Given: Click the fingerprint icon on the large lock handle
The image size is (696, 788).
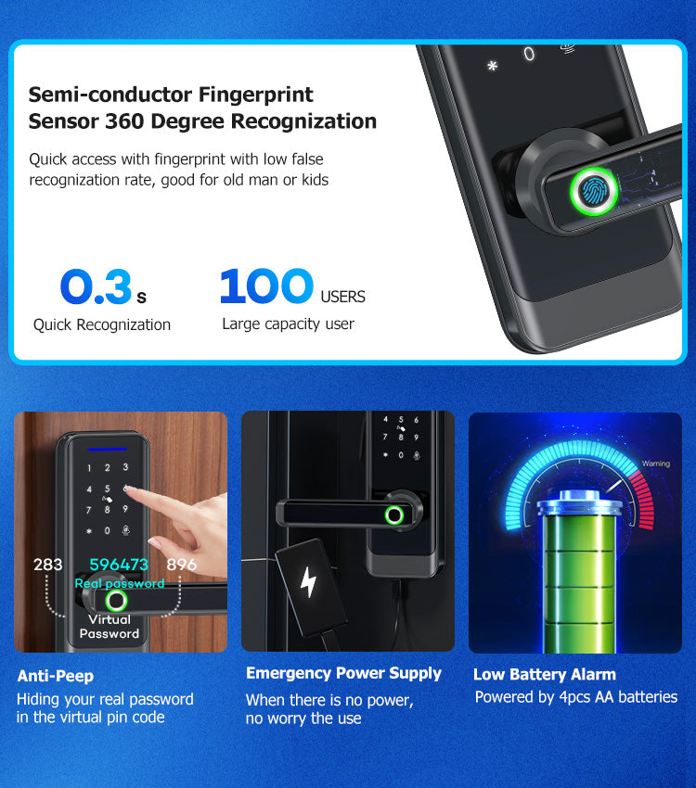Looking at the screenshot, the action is point(593,192).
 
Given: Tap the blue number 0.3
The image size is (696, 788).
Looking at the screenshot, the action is point(97,286).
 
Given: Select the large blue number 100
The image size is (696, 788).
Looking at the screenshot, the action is point(266,286).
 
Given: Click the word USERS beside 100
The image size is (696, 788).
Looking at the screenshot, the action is point(343,297).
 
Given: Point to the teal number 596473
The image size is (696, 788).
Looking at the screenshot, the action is point(119,565).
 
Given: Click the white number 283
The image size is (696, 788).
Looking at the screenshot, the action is point(47,565).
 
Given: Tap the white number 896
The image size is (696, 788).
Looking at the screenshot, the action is point(181,565).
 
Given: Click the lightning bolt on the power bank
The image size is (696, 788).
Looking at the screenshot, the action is point(308,582).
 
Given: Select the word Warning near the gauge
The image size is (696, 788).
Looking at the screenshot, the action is point(656,464).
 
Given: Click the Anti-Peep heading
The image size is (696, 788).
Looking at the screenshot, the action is point(56,676).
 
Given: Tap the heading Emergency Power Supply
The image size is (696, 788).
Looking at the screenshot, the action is point(343,673).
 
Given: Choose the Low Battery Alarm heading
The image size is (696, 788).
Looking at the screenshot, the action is point(545,674).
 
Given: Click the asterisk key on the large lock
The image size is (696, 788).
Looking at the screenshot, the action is point(493,66).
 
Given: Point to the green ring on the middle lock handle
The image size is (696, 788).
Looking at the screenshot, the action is point(394,515).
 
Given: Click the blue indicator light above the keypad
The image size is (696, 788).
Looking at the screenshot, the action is point(107,449).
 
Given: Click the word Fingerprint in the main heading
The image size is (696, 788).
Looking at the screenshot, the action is point(256,95).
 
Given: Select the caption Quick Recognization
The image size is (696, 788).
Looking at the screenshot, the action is point(102,325).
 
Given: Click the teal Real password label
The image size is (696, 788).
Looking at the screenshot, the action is point(120,583).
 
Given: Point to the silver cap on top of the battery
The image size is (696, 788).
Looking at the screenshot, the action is point(580,503).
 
